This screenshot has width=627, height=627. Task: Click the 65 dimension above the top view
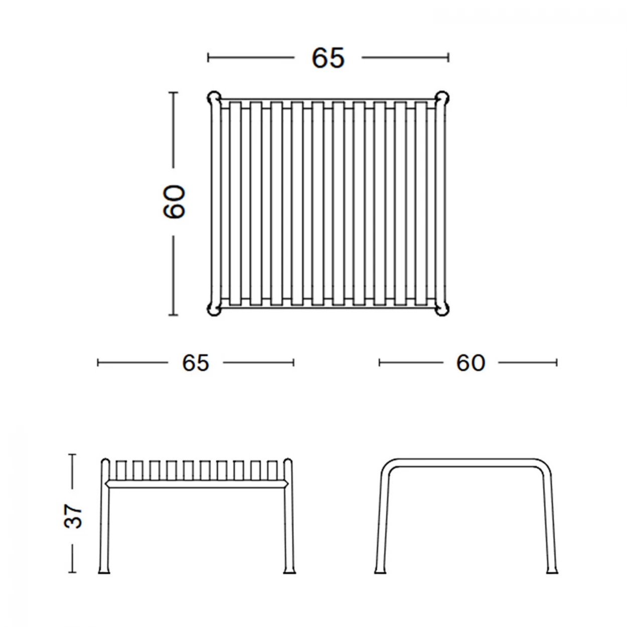click(x=328, y=58)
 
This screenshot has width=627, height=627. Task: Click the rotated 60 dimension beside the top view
click(x=174, y=201)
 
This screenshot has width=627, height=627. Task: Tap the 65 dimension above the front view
click(x=196, y=363)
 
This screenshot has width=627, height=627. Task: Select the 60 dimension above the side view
click(x=471, y=363)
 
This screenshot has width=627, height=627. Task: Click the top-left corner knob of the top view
click(x=214, y=98)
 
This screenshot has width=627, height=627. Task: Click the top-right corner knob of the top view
click(x=442, y=98)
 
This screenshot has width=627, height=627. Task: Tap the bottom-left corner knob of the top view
click(x=214, y=309)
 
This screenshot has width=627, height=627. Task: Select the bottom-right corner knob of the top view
click(x=442, y=309)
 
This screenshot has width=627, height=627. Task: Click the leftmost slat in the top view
click(x=236, y=204)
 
